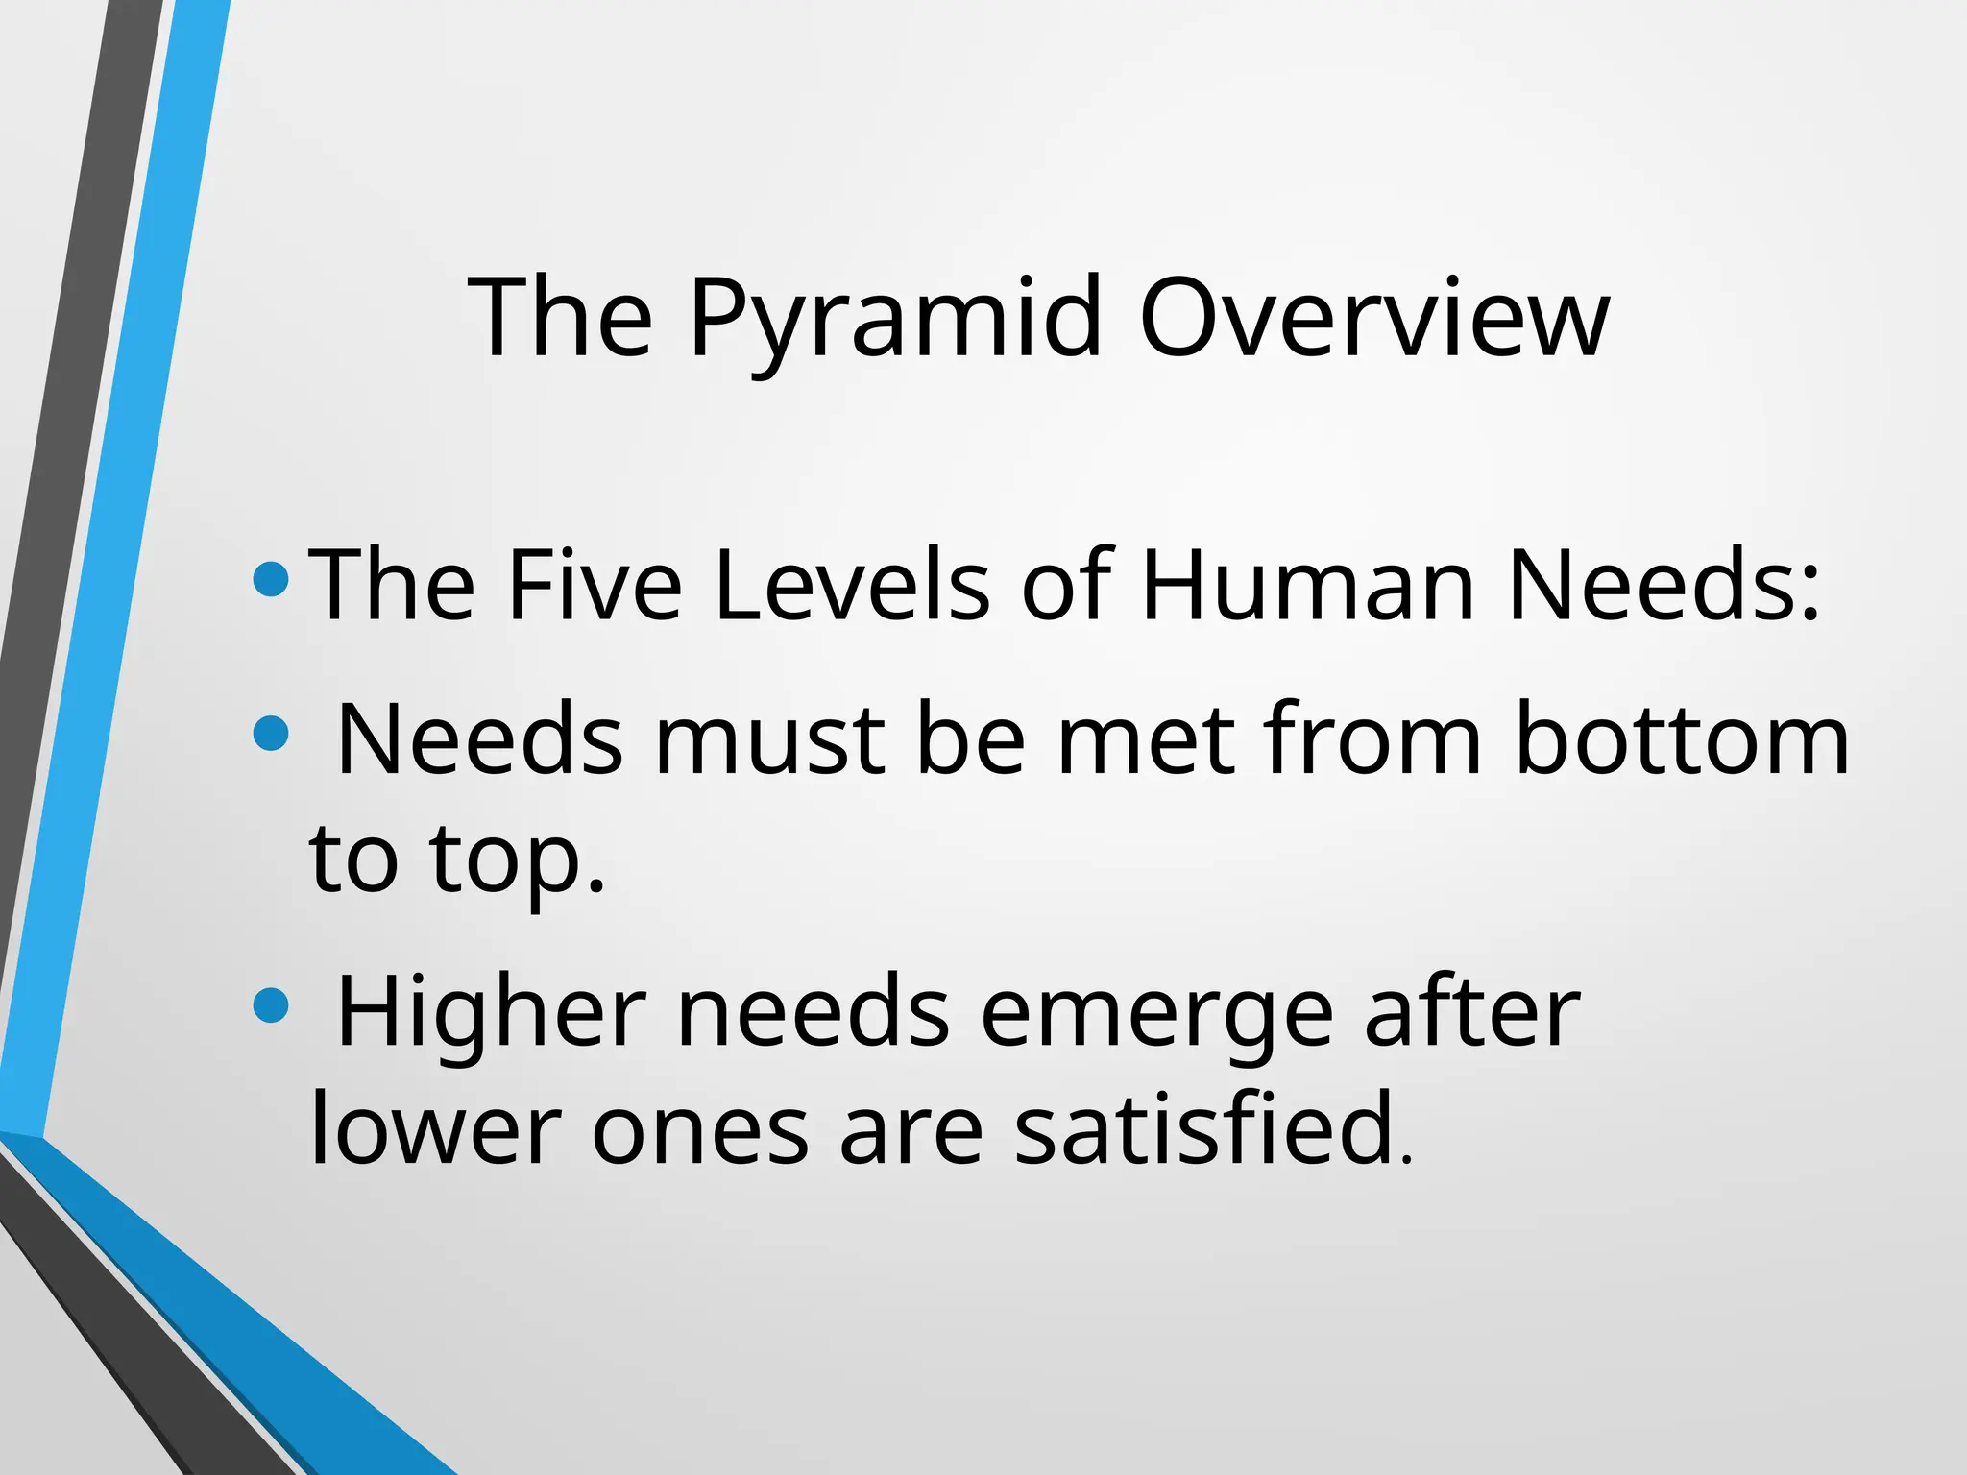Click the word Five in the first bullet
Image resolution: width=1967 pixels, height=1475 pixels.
(595, 584)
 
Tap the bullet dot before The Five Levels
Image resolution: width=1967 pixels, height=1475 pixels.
(271, 578)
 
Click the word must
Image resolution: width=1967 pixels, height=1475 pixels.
(769, 738)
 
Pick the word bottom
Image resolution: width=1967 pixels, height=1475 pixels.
(1682, 738)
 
